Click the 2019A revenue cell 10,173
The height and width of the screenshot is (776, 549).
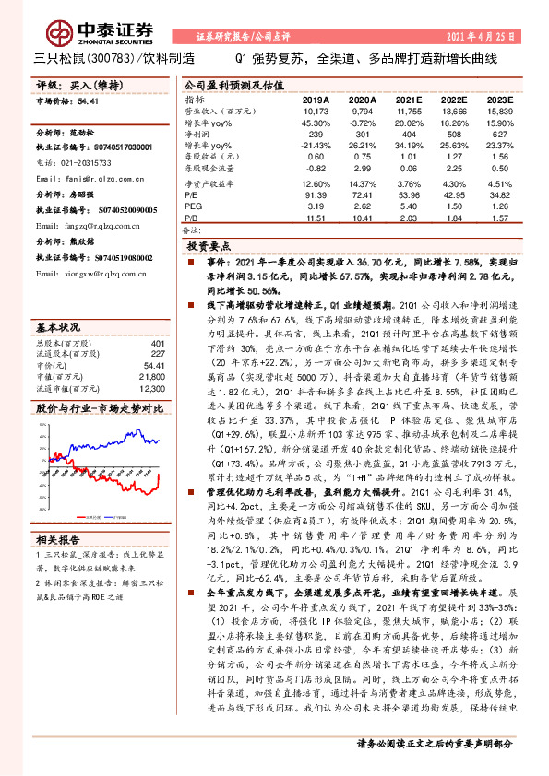tap(316, 110)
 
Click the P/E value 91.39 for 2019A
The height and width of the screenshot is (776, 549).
tap(316, 196)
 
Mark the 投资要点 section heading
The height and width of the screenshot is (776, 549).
tap(208, 248)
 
